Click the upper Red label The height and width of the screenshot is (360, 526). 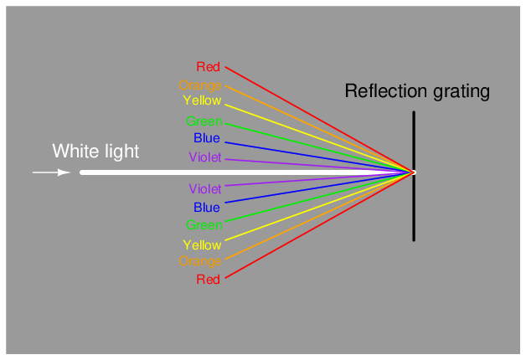point(208,67)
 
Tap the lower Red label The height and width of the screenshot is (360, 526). point(208,280)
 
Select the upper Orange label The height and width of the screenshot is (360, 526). point(200,85)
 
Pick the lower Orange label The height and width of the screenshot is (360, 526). point(200,261)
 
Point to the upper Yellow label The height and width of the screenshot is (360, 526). point(202,101)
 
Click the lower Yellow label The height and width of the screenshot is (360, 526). point(202,245)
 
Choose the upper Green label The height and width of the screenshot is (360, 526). point(204,121)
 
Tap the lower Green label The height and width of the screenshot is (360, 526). point(204,225)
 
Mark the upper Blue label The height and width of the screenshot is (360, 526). point(207,138)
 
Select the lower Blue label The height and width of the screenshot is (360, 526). point(207,208)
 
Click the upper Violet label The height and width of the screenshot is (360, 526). point(205,157)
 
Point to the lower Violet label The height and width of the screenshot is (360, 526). point(205,189)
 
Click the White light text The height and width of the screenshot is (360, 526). point(95,152)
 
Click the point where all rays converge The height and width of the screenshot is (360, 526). point(412,172)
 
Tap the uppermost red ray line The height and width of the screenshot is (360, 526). point(318,120)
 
